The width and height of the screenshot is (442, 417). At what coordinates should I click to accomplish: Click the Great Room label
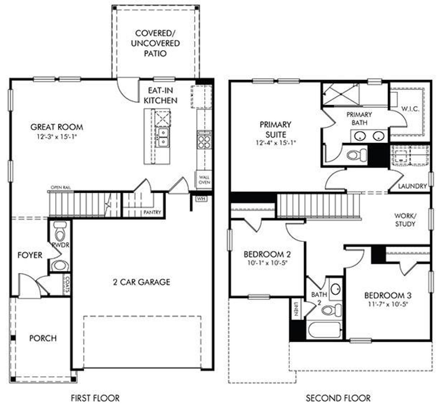(57, 127)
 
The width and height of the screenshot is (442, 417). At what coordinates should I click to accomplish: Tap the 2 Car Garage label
(142, 282)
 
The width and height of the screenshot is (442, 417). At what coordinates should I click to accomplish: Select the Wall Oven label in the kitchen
(204, 180)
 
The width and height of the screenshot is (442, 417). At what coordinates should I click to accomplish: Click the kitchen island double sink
(162, 137)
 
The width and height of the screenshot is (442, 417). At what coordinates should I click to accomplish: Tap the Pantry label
(152, 212)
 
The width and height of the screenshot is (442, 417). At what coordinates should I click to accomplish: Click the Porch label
(43, 338)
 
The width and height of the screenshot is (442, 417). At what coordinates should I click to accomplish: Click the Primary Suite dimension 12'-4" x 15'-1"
(276, 142)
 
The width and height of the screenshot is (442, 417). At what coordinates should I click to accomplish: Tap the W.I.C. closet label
(410, 109)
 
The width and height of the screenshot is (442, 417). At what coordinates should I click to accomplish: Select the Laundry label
(412, 186)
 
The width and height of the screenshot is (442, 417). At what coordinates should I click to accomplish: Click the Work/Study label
(405, 220)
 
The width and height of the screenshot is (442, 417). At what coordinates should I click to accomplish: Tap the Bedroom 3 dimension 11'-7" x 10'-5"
(388, 304)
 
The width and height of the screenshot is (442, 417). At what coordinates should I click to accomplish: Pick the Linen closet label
(296, 309)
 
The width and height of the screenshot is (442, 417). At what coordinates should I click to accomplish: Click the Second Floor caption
(338, 398)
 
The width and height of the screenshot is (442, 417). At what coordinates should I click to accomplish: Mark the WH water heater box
(200, 199)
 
